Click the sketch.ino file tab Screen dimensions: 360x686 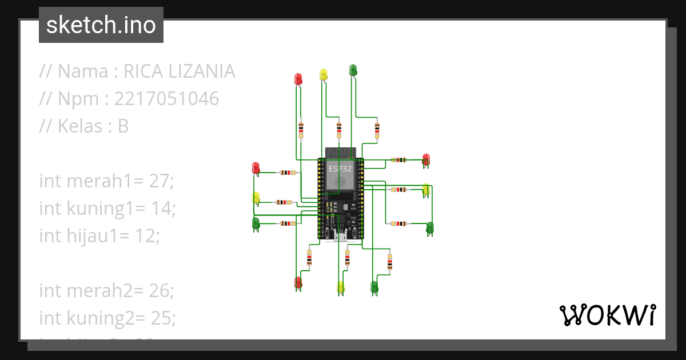101,25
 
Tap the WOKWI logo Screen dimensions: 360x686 607,315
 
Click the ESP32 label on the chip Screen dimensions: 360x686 340,169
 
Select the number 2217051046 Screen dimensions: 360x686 166,99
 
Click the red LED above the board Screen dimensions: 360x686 298,78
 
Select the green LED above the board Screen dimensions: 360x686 353,70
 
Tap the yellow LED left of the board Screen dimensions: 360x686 256,198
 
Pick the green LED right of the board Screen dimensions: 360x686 430,227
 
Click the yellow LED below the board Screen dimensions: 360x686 341,287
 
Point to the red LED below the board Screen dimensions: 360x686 298,282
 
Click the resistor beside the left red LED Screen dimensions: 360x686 285,172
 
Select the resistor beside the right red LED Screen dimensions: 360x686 398,160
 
